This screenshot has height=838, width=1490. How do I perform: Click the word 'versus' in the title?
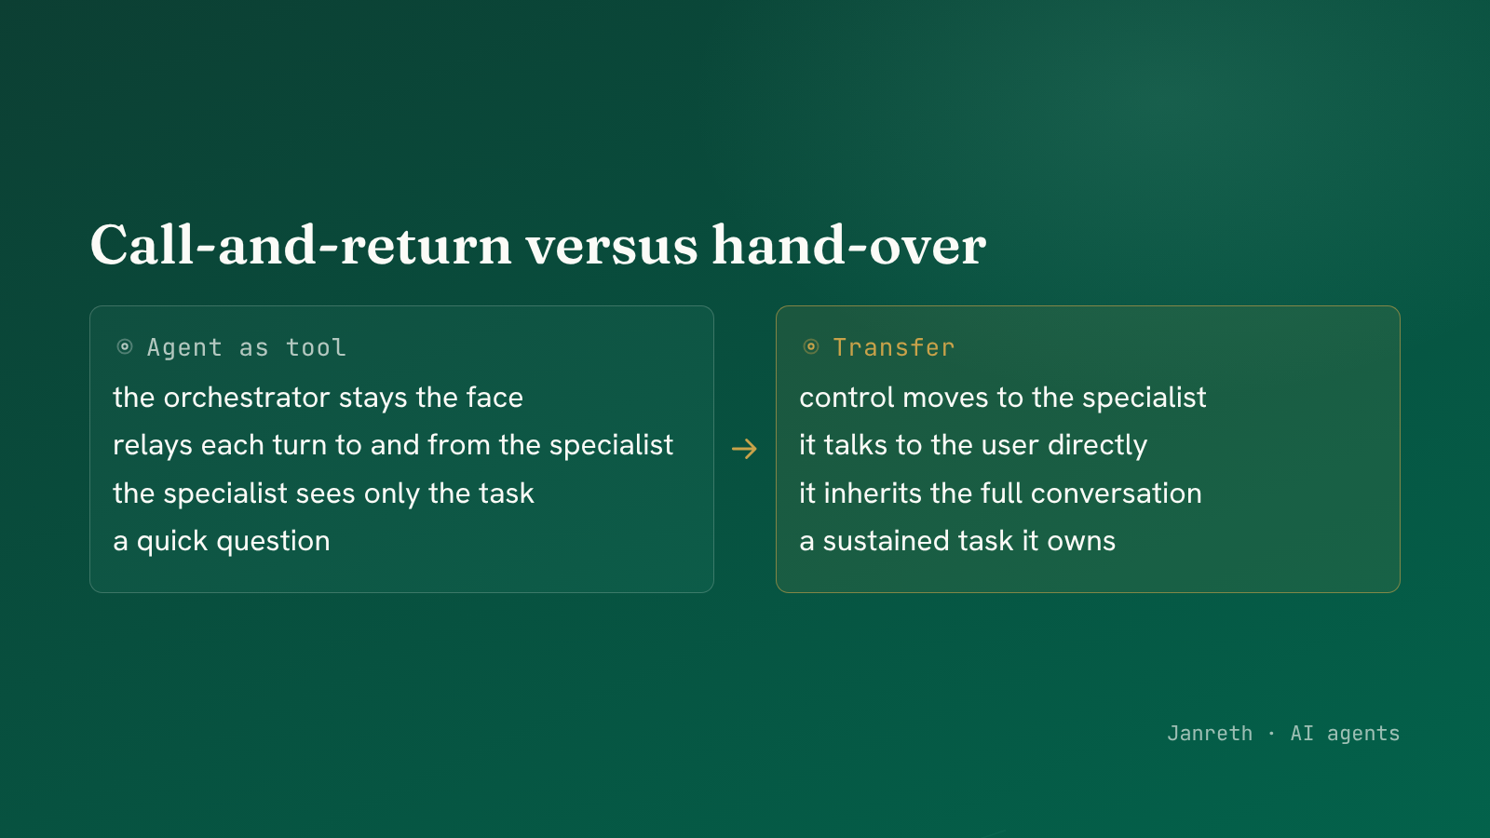pos(611,246)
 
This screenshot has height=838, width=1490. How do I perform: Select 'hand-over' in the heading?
pos(849,244)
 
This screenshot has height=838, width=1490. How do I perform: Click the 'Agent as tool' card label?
pos(246,347)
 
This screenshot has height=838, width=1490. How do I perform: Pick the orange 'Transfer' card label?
pos(893,347)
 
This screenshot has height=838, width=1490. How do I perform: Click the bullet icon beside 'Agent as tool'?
pos(125,346)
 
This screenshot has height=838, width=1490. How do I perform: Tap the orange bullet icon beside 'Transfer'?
pos(811,346)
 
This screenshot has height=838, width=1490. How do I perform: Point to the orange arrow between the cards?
pos(744,449)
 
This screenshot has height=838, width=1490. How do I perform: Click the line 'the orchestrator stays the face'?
pos(318,398)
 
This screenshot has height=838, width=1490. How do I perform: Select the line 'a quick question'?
pos(222,541)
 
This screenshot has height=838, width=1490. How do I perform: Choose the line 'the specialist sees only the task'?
pos(323,493)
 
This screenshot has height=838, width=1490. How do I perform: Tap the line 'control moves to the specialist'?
pos(1002,398)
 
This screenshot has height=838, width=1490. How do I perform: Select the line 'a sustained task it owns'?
pos(957,541)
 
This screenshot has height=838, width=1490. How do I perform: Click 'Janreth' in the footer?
pos(1210,734)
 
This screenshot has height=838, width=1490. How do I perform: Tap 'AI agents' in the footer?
pos(1345,734)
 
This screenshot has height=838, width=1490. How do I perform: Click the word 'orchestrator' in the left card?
pos(247,398)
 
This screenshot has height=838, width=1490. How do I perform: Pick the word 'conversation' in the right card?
pos(1117,493)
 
